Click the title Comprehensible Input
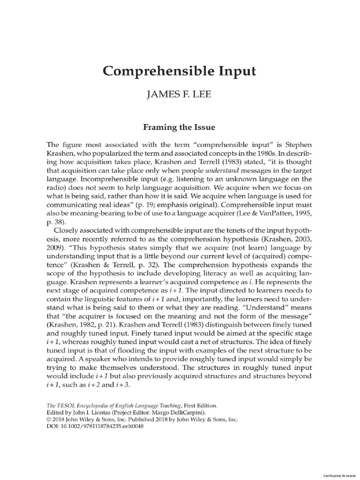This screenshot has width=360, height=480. click(x=180, y=71)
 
